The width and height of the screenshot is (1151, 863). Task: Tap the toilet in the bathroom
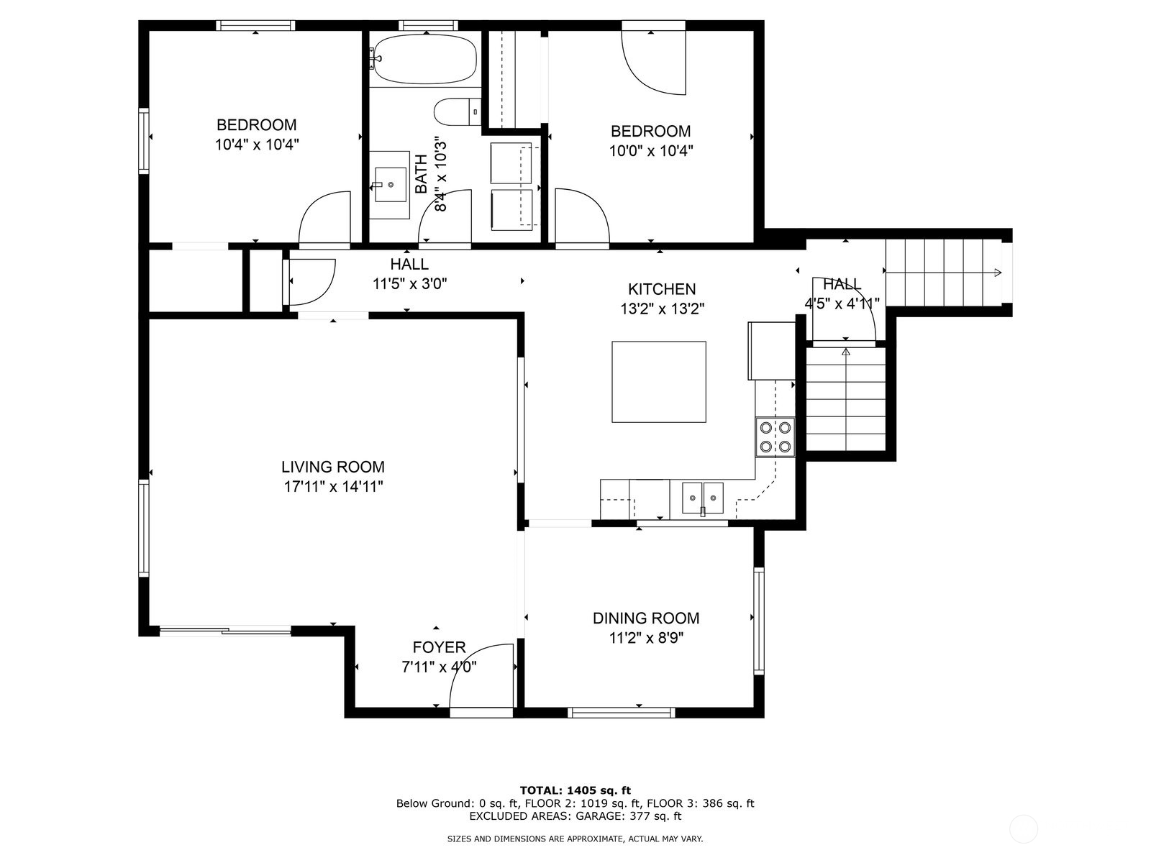pyautogui.click(x=458, y=111)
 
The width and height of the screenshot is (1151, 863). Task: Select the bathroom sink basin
pyautogui.click(x=391, y=184)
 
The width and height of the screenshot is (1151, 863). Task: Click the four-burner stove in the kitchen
pyautogui.click(x=775, y=437)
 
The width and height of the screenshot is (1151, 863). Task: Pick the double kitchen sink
pyautogui.click(x=703, y=498)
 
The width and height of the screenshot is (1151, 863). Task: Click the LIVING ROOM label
pyautogui.click(x=333, y=467)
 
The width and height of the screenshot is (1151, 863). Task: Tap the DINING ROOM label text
pyautogui.click(x=646, y=618)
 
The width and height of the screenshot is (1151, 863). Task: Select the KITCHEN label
pyautogui.click(x=662, y=289)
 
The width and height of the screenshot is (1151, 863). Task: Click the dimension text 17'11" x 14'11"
pyautogui.click(x=334, y=487)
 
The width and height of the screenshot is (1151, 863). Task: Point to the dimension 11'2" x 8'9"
pyautogui.click(x=646, y=638)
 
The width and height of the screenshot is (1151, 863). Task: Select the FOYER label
pyautogui.click(x=439, y=648)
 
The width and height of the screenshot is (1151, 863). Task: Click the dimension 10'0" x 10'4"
pyautogui.click(x=651, y=151)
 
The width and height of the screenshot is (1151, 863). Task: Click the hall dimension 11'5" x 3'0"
pyautogui.click(x=409, y=284)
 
